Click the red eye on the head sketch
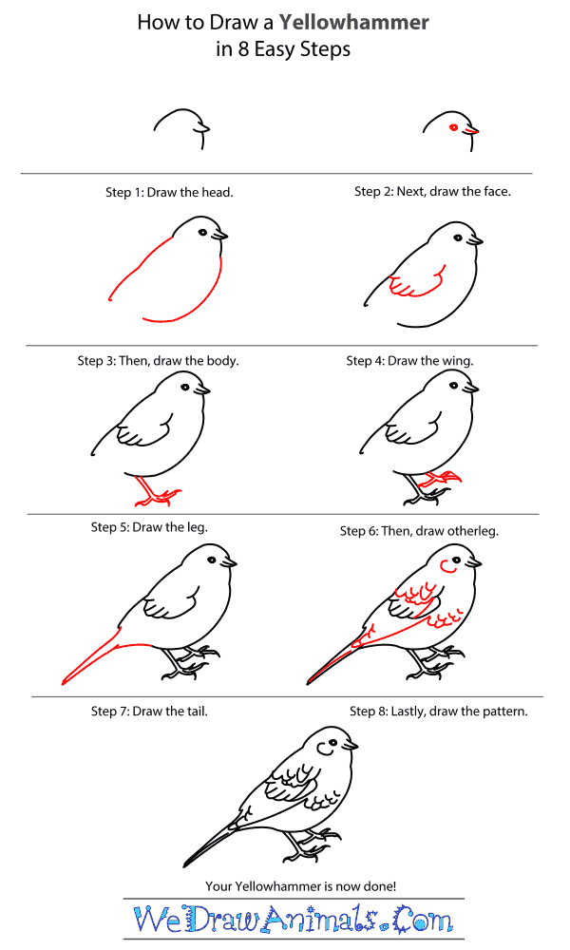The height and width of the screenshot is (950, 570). click(x=454, y=127)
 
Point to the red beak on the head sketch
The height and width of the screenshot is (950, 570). click(x=472, y=131)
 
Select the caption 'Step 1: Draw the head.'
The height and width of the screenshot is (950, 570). click(x=169, y=192)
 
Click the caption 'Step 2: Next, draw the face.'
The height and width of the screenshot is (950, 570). click(x=432, y=191)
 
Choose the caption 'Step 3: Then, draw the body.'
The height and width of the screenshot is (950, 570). click(x=158, y=361)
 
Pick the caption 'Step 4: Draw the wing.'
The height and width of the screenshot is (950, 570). click(x=409, y=361)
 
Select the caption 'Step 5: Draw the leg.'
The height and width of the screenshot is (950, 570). click(x=149, y=526)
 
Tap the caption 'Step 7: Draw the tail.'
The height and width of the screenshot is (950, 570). click(x=149, y=711)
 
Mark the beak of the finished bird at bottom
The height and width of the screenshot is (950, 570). click(x=352, y=746)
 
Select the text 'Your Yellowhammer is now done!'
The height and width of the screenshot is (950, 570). click(x=300, y=885)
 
